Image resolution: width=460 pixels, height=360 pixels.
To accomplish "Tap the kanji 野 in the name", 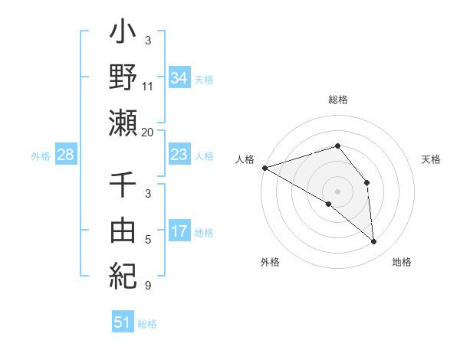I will click(x=123, y=77).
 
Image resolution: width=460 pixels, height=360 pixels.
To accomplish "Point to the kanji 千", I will click(x=123, y=185).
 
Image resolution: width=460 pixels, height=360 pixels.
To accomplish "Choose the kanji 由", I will click(x=123, y=229).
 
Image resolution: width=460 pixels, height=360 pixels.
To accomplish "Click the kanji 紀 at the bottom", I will click(x=123, y=274).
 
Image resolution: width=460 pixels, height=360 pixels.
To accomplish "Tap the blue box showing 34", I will click(x=179, y=77).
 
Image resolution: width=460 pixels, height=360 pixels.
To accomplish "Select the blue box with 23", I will click(x=179, y=155).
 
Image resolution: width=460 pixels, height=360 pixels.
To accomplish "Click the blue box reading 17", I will click(x=179, y=231).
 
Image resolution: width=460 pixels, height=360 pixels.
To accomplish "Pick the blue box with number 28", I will click(x=66, y=155).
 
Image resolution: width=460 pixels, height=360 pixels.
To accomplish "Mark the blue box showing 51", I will click(x=123, y=322).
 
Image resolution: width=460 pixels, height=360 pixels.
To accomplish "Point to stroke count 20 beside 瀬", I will click(x=148, y=132).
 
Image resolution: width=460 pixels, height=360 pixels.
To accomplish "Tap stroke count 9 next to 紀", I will click(x=148, y=286).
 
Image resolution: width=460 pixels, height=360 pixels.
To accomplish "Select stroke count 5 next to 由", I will click(x=148, y=241).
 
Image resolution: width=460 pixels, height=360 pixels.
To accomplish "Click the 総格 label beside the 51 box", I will click(x=147, y=324).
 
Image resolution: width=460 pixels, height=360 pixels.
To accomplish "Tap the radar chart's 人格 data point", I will click(x=264, y=168).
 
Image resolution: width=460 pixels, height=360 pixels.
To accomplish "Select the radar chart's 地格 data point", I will click(x=374, y=242).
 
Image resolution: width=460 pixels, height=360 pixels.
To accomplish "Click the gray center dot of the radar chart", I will click(x=337, y=191).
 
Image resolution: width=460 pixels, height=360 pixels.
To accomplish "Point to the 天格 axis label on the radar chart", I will click(x=432, y=159).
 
